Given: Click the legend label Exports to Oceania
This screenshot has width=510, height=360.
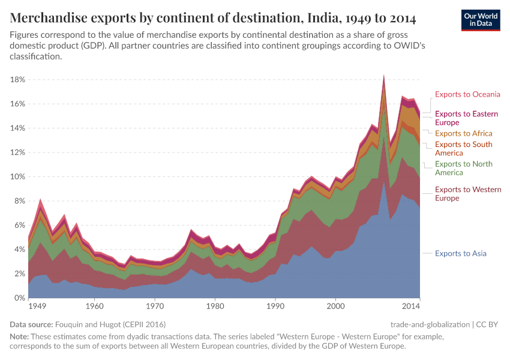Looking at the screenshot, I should click(467, 94).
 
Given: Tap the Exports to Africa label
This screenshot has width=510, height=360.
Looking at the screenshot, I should click(463, 133).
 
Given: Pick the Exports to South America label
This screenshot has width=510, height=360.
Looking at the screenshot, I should click(463, 148).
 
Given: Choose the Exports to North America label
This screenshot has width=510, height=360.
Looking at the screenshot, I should click(463, 168).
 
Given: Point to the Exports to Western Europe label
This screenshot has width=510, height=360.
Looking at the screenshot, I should click(467, 194).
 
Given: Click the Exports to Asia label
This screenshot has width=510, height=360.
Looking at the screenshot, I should click(460, 253).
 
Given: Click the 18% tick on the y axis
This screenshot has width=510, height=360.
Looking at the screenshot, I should click(17, 79).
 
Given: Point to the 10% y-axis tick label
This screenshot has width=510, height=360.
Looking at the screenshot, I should click(17, 176).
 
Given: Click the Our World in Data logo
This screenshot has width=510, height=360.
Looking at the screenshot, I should click(481, 19).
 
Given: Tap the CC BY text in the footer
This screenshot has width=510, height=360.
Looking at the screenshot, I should click(489, 324).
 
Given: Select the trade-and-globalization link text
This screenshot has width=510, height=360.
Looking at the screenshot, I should click(430, 324).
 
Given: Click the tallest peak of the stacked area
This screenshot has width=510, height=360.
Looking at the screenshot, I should click(384, 76).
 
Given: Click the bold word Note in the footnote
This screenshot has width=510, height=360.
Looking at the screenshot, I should click(20, 337).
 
